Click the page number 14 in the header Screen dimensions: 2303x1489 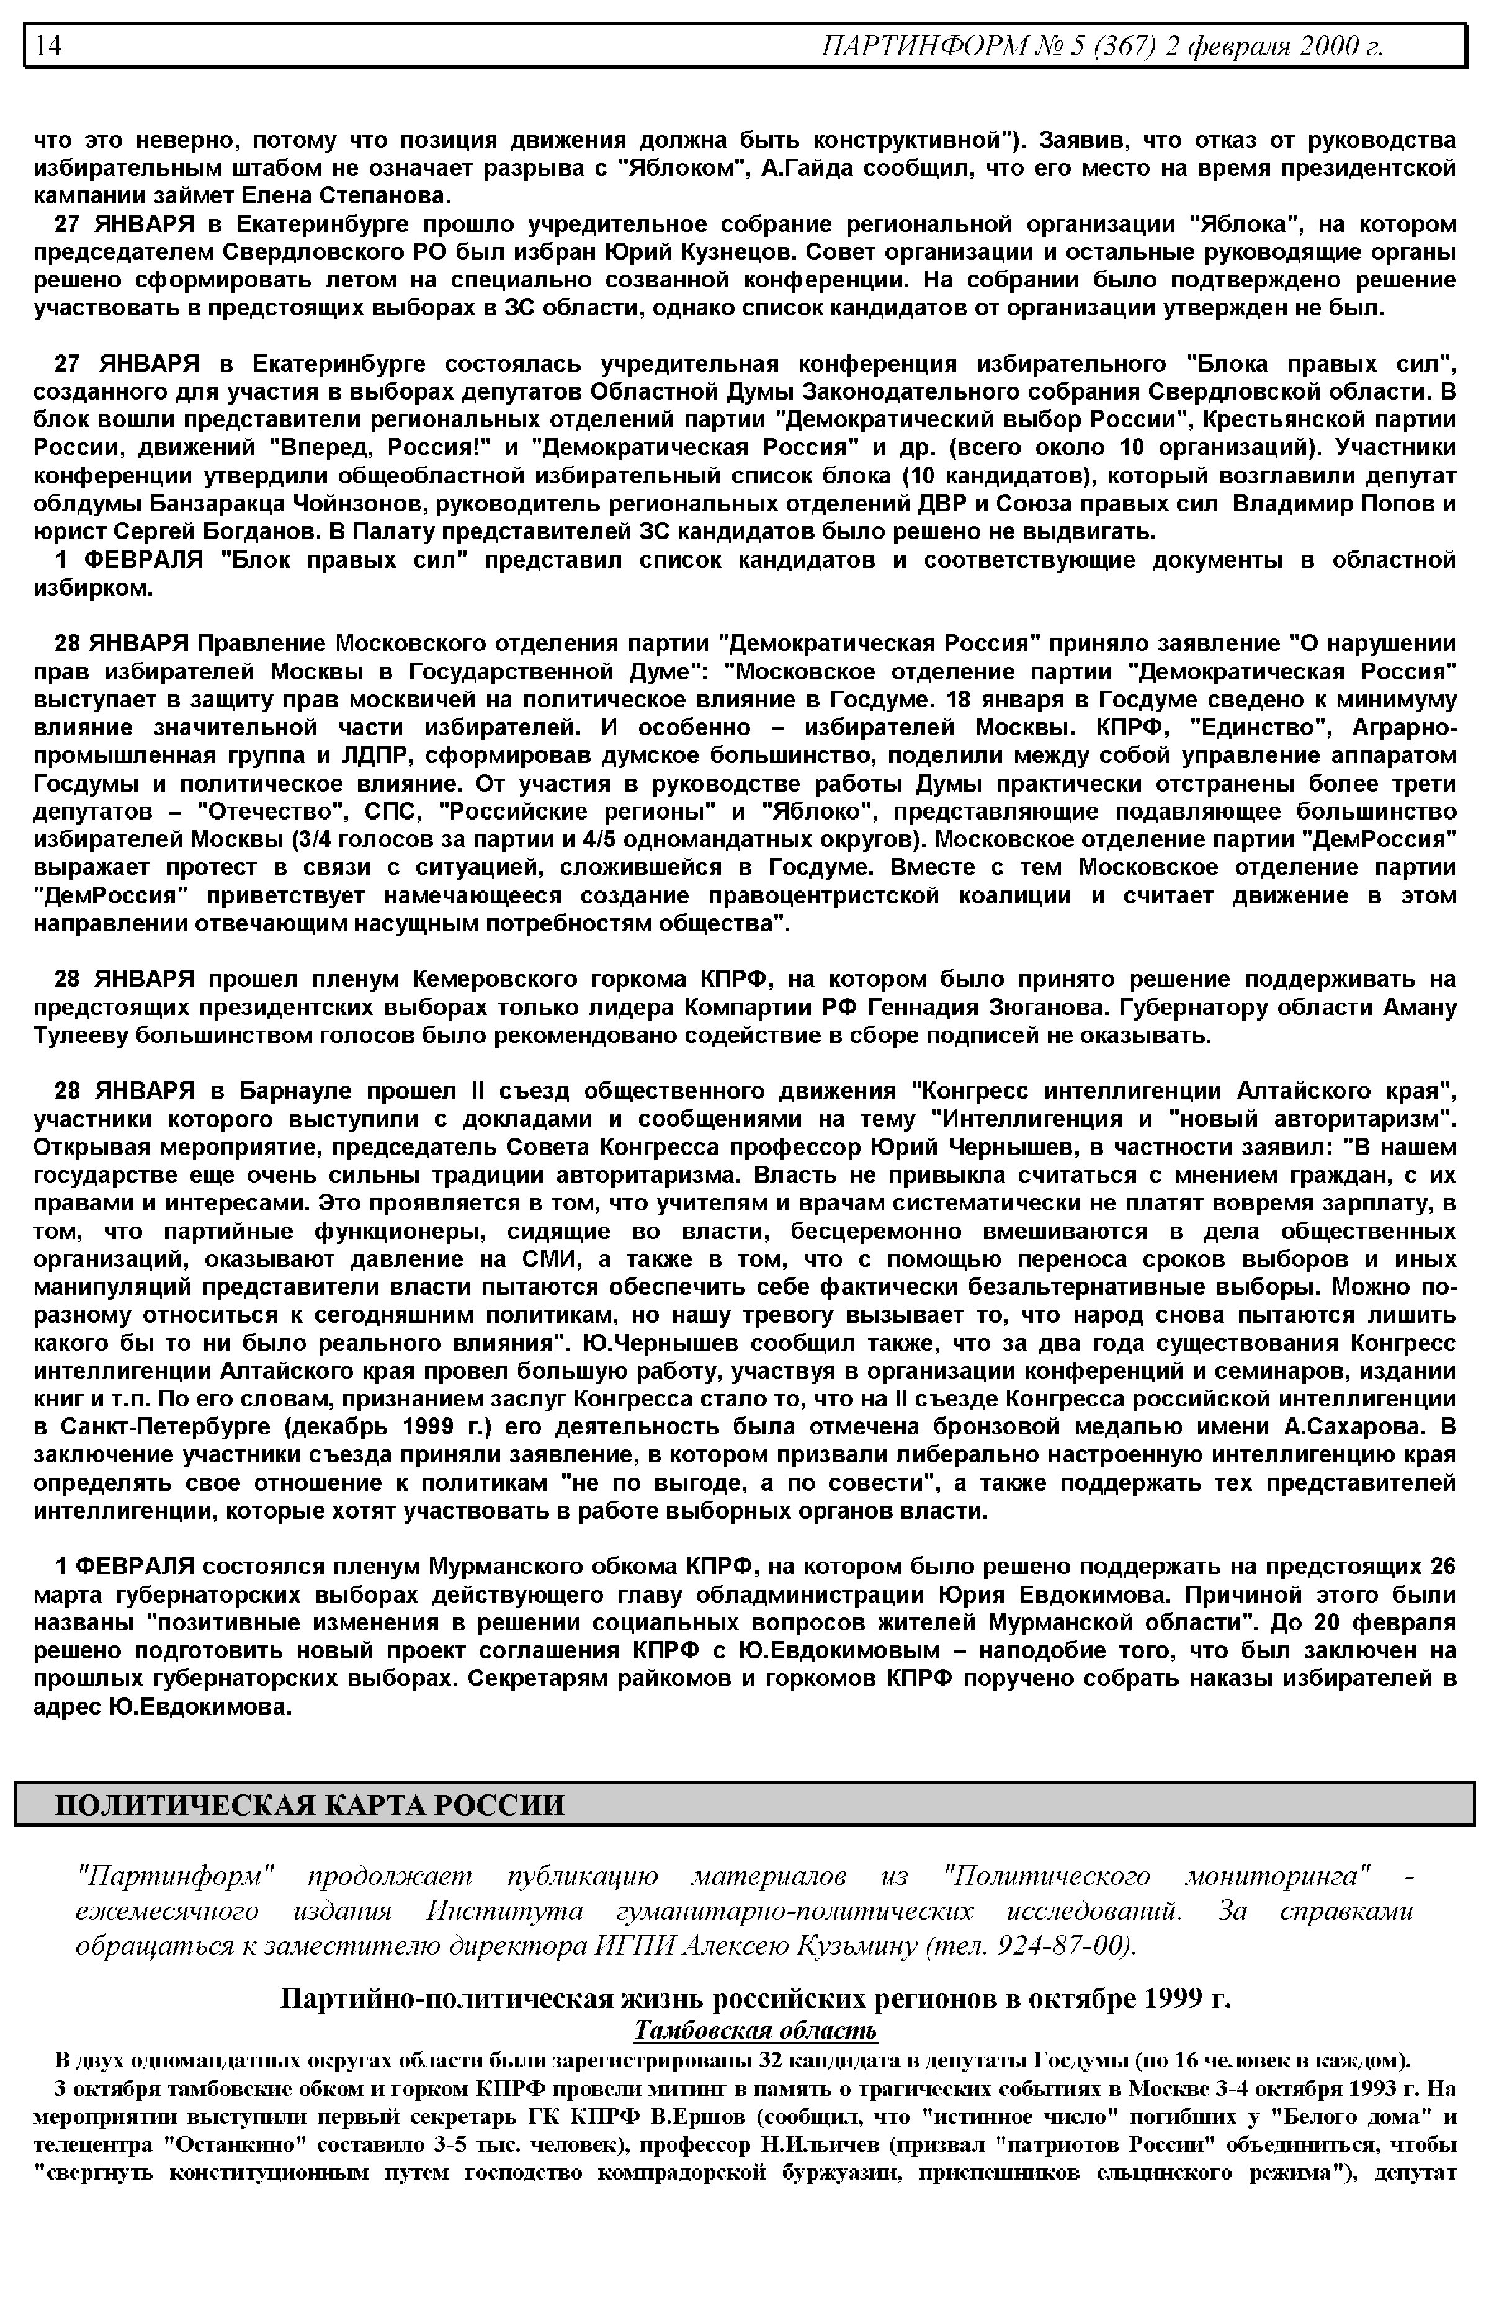[x=48, y=45]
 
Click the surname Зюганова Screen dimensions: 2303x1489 [x=1047, y=1008]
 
